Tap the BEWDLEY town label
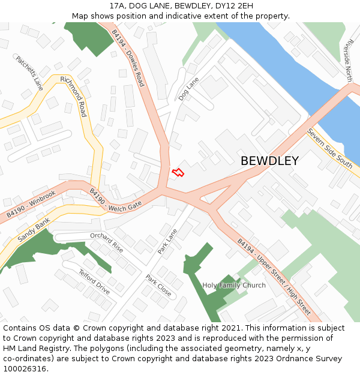tap(269, 161)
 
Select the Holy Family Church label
tap(234, 285)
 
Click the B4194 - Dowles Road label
tap(128, 58)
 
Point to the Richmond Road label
tap(73, 97)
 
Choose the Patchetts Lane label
tap(29, 73)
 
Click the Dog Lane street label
tap(188, 88)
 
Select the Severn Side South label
tap(329, 148)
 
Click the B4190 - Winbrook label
tap(31, 204)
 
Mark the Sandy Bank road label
tap(34, 230)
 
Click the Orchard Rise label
tap(106, 242)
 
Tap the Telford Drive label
tap(94, 281)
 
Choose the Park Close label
tap(158, 286)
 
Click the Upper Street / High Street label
tap(274, 277)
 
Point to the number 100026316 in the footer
tap(24, 368)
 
